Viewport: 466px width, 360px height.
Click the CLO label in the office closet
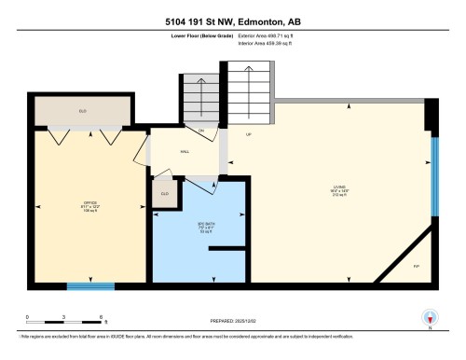pos(82,111)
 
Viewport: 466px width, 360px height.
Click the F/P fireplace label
pos(415,266)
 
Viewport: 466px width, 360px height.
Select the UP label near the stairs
pos(249,135)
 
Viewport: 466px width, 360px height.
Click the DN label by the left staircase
pos(200,130)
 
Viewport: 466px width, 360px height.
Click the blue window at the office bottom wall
pos(90,285)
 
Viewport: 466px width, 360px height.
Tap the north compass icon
pos(431,317)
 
